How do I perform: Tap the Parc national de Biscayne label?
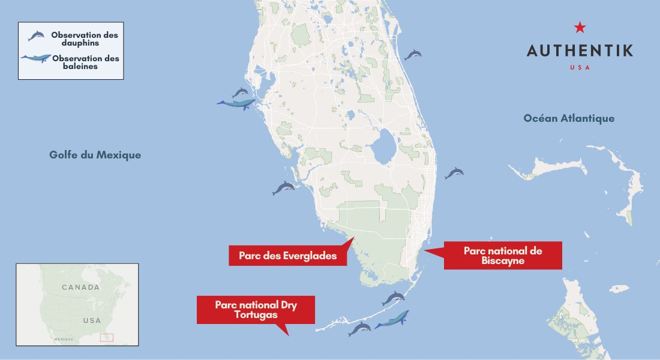click(503, 256)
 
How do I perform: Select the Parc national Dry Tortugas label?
click(256, 310)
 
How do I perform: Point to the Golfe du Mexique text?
click(95, 155)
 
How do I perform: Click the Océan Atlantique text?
click(569, 118)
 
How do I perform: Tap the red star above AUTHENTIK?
click(580, 27)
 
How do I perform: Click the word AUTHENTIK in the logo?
click(580, 50)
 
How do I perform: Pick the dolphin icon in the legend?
click(36, 36)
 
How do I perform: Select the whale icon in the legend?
click(35, 59)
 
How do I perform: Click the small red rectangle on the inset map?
click(107, 338)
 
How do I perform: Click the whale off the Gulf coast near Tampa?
click(236, 104)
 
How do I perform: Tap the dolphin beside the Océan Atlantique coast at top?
click(413, 55)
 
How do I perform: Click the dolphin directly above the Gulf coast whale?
click(241, 92)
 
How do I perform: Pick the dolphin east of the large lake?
click(454, 173)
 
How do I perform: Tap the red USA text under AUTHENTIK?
click(580, 67)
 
